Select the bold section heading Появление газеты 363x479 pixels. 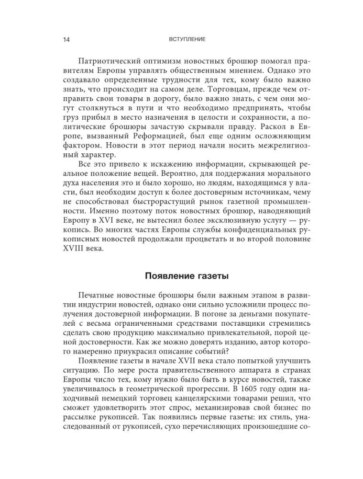point(182,277)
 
